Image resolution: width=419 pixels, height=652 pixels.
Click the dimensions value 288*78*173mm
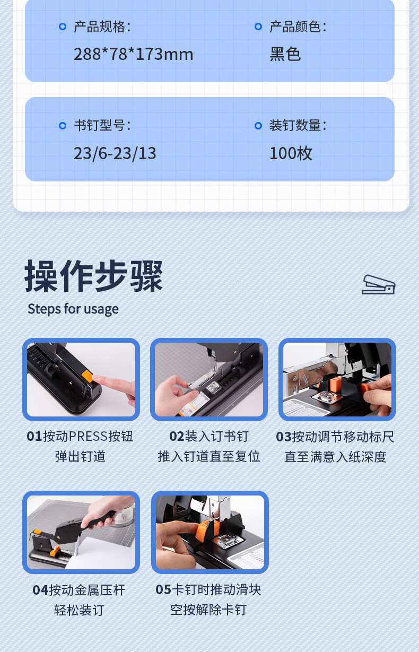(x=133, y=54)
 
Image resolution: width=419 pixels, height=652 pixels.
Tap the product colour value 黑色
(x=285, y=54)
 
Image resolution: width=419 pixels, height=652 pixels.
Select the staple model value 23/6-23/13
(x=115, y=153)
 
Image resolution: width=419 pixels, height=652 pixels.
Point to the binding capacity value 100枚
(x=291, y=153)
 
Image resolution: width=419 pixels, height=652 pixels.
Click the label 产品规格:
(x=102, y=27)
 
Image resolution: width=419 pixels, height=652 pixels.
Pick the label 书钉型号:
(x=102, y=126)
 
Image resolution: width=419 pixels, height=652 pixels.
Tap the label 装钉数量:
(x=298, y=126)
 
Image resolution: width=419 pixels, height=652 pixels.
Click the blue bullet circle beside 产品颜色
(x=258, y=27)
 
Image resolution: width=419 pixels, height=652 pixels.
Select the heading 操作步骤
(x=94, y=276)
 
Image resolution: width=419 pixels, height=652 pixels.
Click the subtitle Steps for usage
(x=73, y=309)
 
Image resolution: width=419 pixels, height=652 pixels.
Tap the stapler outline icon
(x=378, y=284)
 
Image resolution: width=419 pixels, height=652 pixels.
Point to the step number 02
(x=177, y=437)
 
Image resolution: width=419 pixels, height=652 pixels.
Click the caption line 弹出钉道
(x=80, y=456)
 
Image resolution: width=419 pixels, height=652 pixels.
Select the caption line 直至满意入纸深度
(x=335, y=457)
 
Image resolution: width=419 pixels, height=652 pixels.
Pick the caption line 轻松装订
(x=79, y=610)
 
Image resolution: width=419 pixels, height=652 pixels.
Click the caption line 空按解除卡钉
(x=208, y=610)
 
